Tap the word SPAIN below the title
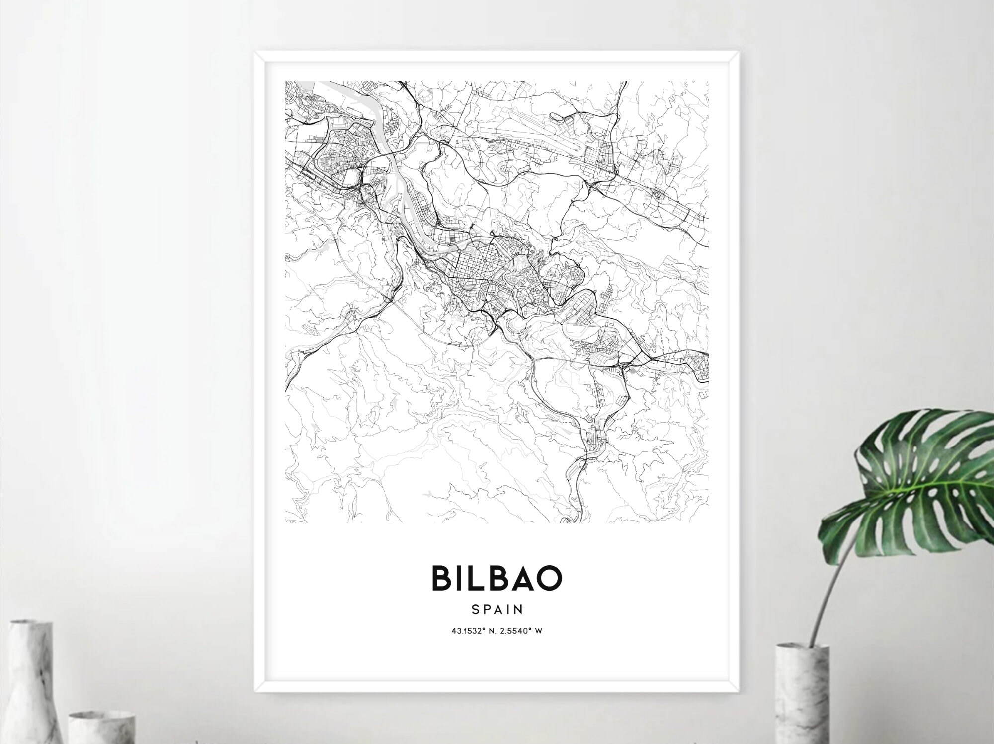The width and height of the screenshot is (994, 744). [497, 609]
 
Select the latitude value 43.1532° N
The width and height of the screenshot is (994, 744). [475, 632]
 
